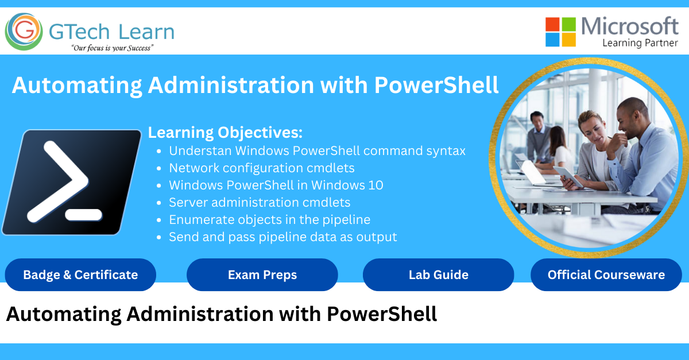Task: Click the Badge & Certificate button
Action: (80, 275)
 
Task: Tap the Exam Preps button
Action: (262, 275)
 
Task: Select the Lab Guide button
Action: (438, 275)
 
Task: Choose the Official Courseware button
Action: (606, 275)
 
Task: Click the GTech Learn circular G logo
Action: (24, 32)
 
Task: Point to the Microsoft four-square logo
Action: (560, 32)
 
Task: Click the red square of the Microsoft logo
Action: (552, 24)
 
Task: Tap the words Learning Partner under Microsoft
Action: (640, 43)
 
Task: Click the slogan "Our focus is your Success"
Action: (112, 48)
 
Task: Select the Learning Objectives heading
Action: (225, 133)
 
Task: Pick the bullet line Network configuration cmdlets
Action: (262, 168)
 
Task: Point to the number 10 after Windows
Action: (376, 185)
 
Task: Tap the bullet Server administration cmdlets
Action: (260, 203)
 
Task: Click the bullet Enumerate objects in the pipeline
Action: (269, 220)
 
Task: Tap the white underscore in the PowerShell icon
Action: (84, 215)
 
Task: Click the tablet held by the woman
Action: (568, 176)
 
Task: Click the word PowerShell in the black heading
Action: (381, 314)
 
